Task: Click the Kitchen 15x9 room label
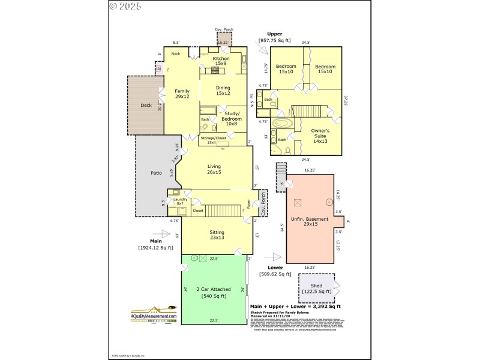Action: [x=220, y=61]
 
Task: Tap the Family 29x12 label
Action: [x=182, y=94]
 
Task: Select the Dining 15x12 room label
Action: [x=223, y=91]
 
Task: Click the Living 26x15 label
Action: [x=214, y=169]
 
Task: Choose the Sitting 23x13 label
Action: [x=217, y=235]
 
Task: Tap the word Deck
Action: [x=146, y=106]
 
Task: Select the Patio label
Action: [x=156, y=173]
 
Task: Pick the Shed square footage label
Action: [x=317, y=289]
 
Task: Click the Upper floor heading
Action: [x=274, y=34]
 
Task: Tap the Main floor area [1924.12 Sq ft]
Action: [x=158, y=247]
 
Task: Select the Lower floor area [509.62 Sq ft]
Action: [x=275, y=274]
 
